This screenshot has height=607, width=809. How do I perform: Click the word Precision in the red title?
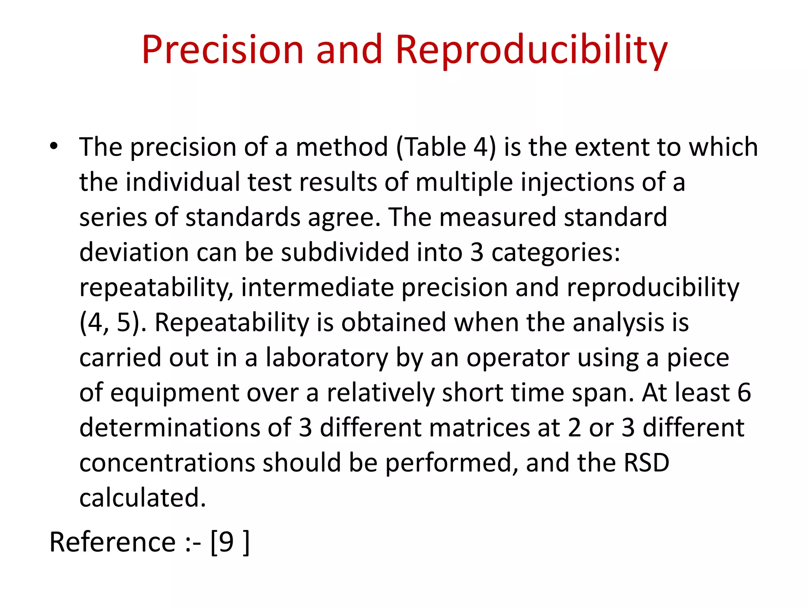[x=222, y=50]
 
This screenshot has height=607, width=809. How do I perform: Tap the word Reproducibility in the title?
[x=531, y=50]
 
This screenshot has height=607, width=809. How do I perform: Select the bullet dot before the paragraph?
[x=54, y=146]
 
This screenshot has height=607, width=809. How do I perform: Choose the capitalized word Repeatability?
[x=231, y=322]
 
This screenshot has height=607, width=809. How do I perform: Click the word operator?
[x=518, y=358]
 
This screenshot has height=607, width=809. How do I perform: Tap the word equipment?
[x=174, y=393]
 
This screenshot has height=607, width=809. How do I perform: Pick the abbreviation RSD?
[x=646, y=463]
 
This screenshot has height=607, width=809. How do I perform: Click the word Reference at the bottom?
[x=112, y=542]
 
